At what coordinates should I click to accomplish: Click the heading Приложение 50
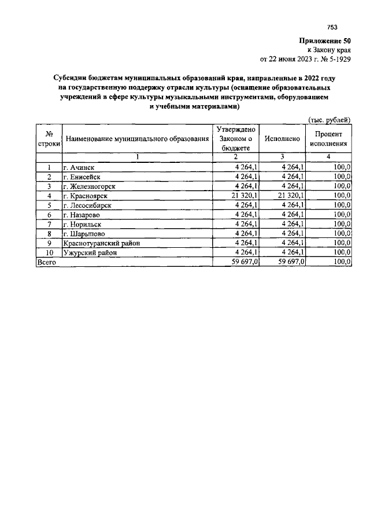pos(325,41)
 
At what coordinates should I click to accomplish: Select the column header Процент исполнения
pos(328,139)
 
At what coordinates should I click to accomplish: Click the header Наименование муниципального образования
pos(137,139)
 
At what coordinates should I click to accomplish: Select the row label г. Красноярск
pos(84,196)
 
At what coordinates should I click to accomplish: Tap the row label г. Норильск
pos(82,224)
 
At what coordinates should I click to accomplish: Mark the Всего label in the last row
pos(47,262)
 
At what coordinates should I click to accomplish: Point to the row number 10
pos(49,252)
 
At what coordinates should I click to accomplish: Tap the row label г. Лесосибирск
pos(87,205)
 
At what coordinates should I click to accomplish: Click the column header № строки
pos(49,139)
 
